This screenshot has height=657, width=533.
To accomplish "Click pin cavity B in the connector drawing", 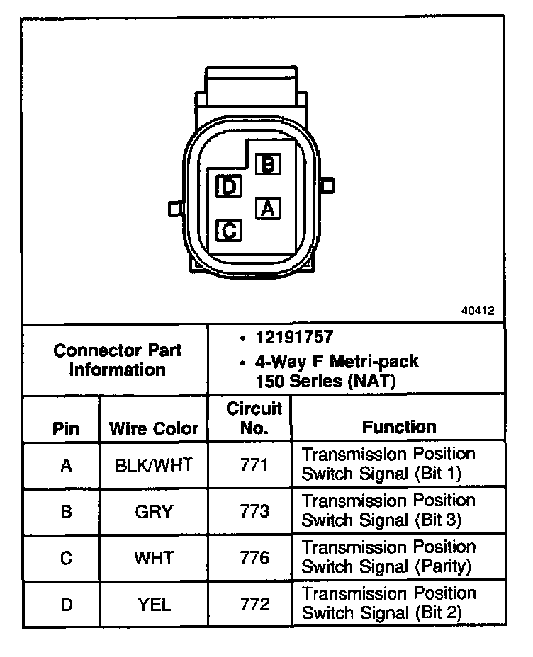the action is coord(268,165).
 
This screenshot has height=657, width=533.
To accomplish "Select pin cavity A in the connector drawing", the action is coord(267,208).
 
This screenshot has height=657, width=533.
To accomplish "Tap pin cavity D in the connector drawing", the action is coord(229,187).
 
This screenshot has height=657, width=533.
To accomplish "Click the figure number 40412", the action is coord(478,310).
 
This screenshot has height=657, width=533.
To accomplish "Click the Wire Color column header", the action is coord(154,429).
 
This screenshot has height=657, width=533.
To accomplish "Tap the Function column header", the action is coord(399,427).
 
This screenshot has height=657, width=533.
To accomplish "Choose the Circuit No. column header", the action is coord(254,418).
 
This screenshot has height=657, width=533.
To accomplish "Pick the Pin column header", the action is coord(66,429).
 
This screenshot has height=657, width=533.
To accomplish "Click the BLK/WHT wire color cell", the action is coord(154,465).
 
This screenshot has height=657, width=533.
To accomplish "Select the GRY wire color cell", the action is coord(154,511).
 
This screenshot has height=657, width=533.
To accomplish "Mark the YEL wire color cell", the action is coord(154,604).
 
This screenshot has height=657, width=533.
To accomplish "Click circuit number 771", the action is coord(254,465).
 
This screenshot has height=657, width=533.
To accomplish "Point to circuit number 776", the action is coord(254,558).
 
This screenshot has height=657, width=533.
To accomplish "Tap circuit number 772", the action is coord(254,604).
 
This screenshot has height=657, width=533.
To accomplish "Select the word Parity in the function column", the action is coord(444,566).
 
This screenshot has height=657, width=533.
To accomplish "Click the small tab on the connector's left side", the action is coord(174,209).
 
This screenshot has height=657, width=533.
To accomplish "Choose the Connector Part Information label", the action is coord(118,360).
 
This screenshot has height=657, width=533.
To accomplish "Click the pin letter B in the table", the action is coord(67,511).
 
